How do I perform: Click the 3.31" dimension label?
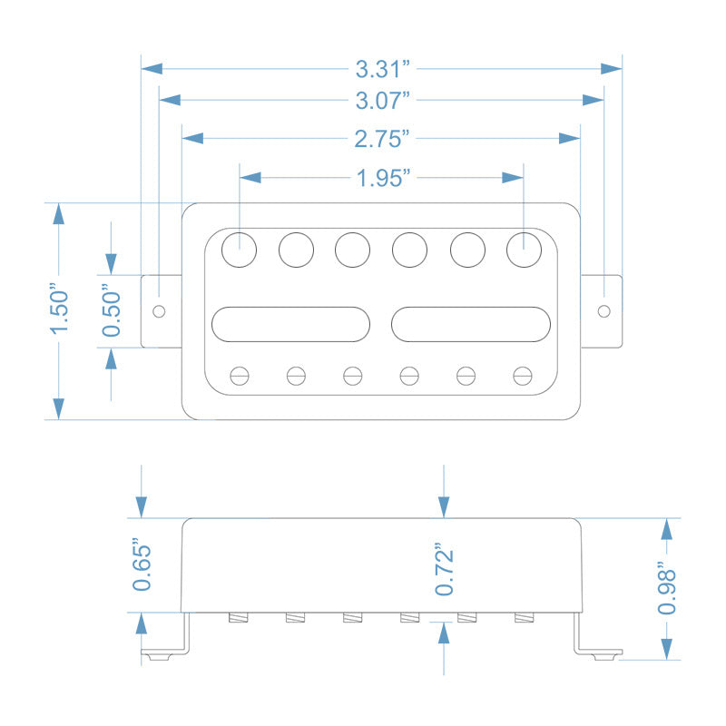[x=382, y=68]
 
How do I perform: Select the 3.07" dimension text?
[x=382, y=98]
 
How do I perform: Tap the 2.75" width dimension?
[x=382, y=138]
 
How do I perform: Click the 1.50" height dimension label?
[x=60, y=310]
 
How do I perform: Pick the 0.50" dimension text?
[x=112, y=311]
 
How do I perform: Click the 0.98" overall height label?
[x=667, y=589]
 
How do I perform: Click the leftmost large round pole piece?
[x=240, y=249]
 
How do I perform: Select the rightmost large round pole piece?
[x=524, y=249]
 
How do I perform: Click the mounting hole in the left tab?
[x=160, y=310]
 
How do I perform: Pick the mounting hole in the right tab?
[x=603, y=310]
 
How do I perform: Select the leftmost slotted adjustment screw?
[x=240, y=374]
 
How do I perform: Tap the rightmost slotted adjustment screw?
[x=522, y=374]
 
